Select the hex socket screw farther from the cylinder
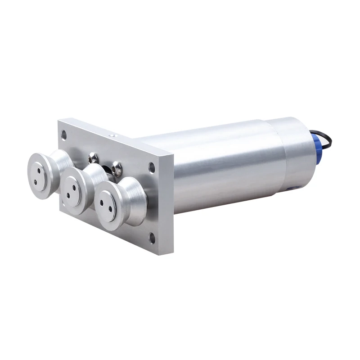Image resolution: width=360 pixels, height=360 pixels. [x=93, y=157]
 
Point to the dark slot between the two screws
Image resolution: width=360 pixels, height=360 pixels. [x=106, y=170]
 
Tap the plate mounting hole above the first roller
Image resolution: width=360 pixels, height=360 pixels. [x=64, y=134]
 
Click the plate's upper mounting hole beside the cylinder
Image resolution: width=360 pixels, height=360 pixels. [x=152, y=168]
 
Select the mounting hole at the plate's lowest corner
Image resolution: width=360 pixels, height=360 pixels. [x=152, y=239]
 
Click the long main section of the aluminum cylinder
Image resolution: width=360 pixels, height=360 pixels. [x=225, y=166]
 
